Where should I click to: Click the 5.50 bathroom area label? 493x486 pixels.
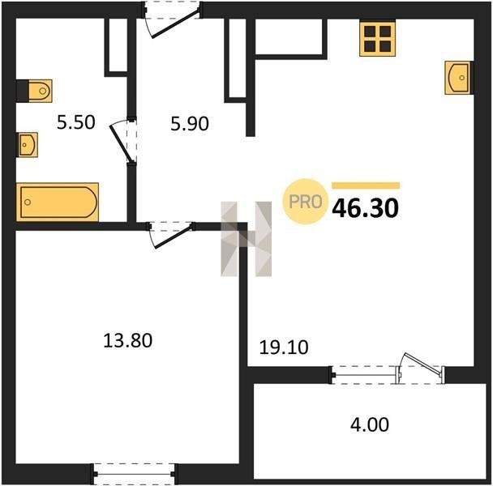pos(75,122)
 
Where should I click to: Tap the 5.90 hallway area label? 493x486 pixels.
pos(190,123)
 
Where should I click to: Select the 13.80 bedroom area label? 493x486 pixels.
pos(127,340)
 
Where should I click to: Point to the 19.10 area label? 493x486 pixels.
pos(284,347)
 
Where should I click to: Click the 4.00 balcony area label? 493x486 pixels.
pos(370,424)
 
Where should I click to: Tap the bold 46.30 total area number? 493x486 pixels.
pos(366,208)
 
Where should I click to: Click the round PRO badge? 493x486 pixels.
pos(304,202)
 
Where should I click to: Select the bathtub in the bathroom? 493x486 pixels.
pos(58,202)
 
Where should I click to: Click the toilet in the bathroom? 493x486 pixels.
pos(34,91)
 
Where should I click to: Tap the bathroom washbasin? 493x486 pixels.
pos(28,145)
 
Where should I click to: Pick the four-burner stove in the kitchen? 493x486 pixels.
pos(378,38)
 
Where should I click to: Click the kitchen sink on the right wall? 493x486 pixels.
pos(459,78)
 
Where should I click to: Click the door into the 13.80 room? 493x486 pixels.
pos(171,233)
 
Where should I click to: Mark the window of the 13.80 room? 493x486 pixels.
pos(135,474)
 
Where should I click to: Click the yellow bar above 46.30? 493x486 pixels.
pos(366,185)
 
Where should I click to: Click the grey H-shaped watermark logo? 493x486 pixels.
pos(246,239)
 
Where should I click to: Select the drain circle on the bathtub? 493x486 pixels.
pos(28,202)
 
